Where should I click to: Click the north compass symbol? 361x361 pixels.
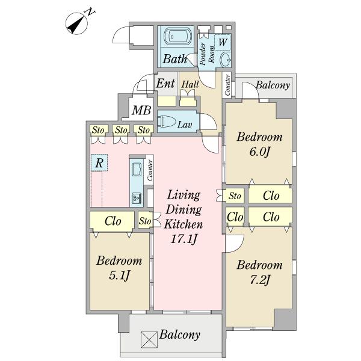click(x=76, y=23)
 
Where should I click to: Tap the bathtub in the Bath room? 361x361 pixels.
click(x=176, y=35)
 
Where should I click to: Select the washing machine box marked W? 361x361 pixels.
click(x=223, y=42)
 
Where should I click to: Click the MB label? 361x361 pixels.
click(x=141, y=110)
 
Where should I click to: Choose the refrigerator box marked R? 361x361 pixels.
click(x=99, y=162)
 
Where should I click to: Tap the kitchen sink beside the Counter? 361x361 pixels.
click(x=137, y=170)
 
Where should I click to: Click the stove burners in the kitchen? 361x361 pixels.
click(x=137, y=198)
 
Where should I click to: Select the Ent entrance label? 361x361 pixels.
click(x=165, y=84)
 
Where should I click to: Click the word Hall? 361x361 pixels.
click(x=190, y=84)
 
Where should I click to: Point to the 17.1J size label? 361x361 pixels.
click(x=184, y=239)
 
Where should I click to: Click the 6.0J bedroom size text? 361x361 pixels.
click(x=259, y=152)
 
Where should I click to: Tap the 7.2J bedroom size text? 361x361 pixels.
click(x=259, y=280)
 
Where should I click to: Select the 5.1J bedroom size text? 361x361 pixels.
click(x=119, y=276)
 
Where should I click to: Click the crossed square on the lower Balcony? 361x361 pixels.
click(x=149, y=339)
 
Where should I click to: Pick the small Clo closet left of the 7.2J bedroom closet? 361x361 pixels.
click(x=235, y=217)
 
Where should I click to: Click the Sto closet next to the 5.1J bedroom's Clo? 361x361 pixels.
click(x=145, y=220)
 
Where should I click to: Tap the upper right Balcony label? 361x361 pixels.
click(x=273, y=85)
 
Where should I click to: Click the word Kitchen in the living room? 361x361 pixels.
click(x=184, y=224)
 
